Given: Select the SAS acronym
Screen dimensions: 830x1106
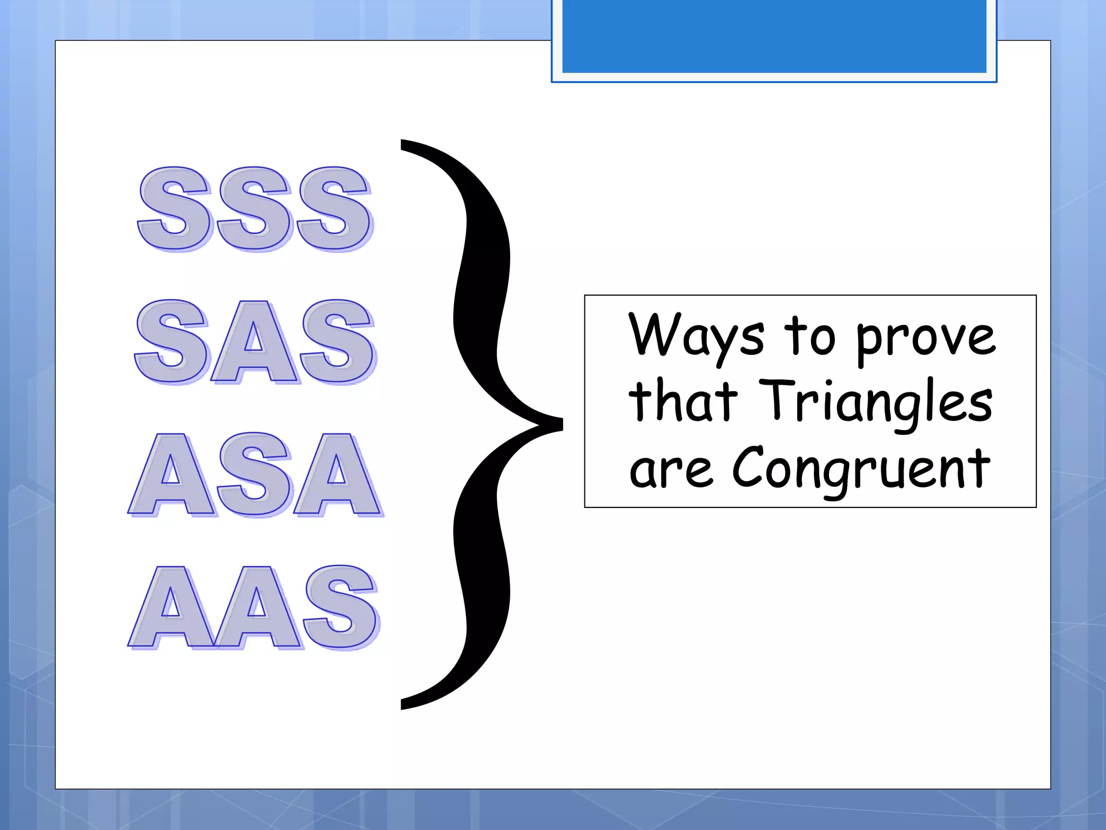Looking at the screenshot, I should click(x=254, y=342).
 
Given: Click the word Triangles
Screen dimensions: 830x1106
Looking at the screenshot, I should click(x=875, y=403).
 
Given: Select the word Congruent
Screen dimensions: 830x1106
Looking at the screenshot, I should click(x=861, y=469).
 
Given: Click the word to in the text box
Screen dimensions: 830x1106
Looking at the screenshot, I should click(x=810, y=337).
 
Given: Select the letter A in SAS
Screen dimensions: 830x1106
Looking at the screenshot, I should click(x=254, y=343).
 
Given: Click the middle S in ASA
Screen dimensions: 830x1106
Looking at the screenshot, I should click(x=254, y=475).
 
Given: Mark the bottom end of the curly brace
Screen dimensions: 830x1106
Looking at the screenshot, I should click(x=403, y=705).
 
